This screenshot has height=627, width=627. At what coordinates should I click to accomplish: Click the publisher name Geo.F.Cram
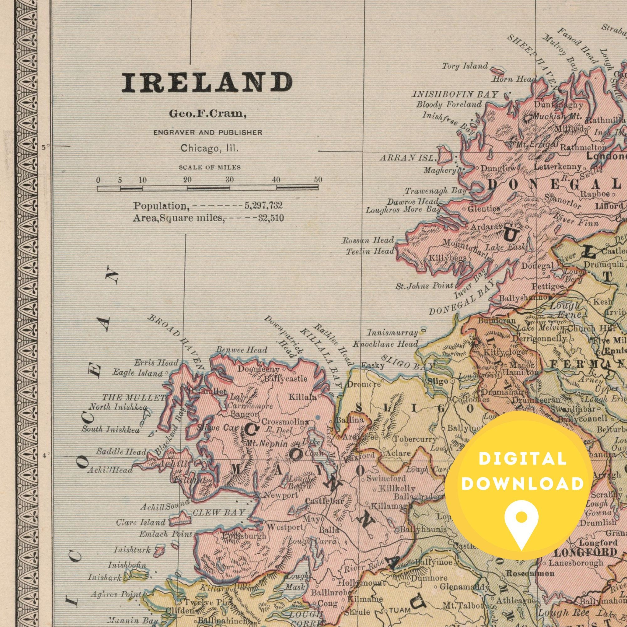207,114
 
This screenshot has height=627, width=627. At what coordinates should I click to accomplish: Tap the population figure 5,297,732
264,206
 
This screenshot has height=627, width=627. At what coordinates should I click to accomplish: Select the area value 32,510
271,218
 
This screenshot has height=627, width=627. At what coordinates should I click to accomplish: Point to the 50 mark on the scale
318,180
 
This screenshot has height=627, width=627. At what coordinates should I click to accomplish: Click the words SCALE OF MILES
209,167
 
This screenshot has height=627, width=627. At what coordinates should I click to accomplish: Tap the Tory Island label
465,66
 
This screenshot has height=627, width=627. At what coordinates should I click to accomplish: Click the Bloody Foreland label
449,104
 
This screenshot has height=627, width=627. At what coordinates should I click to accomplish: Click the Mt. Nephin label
267,444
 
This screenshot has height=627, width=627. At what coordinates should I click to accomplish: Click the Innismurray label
393,333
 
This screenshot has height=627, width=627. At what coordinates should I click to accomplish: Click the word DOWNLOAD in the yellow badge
522,484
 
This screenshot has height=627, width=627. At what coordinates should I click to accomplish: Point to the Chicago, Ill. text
209,149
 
